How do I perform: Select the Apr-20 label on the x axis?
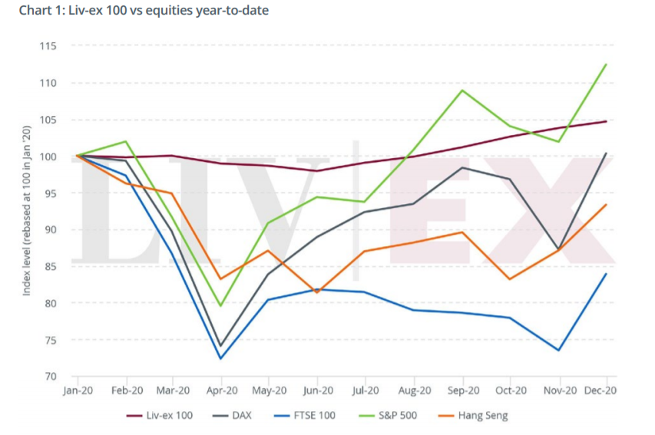coord(222,391)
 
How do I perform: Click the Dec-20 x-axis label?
coord(601,391)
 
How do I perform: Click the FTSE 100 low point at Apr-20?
coord(221,358)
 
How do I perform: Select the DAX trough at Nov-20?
coord(558,249)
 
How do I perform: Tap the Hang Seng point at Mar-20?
coord(173,193)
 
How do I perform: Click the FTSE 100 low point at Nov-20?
coord(558,351)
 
